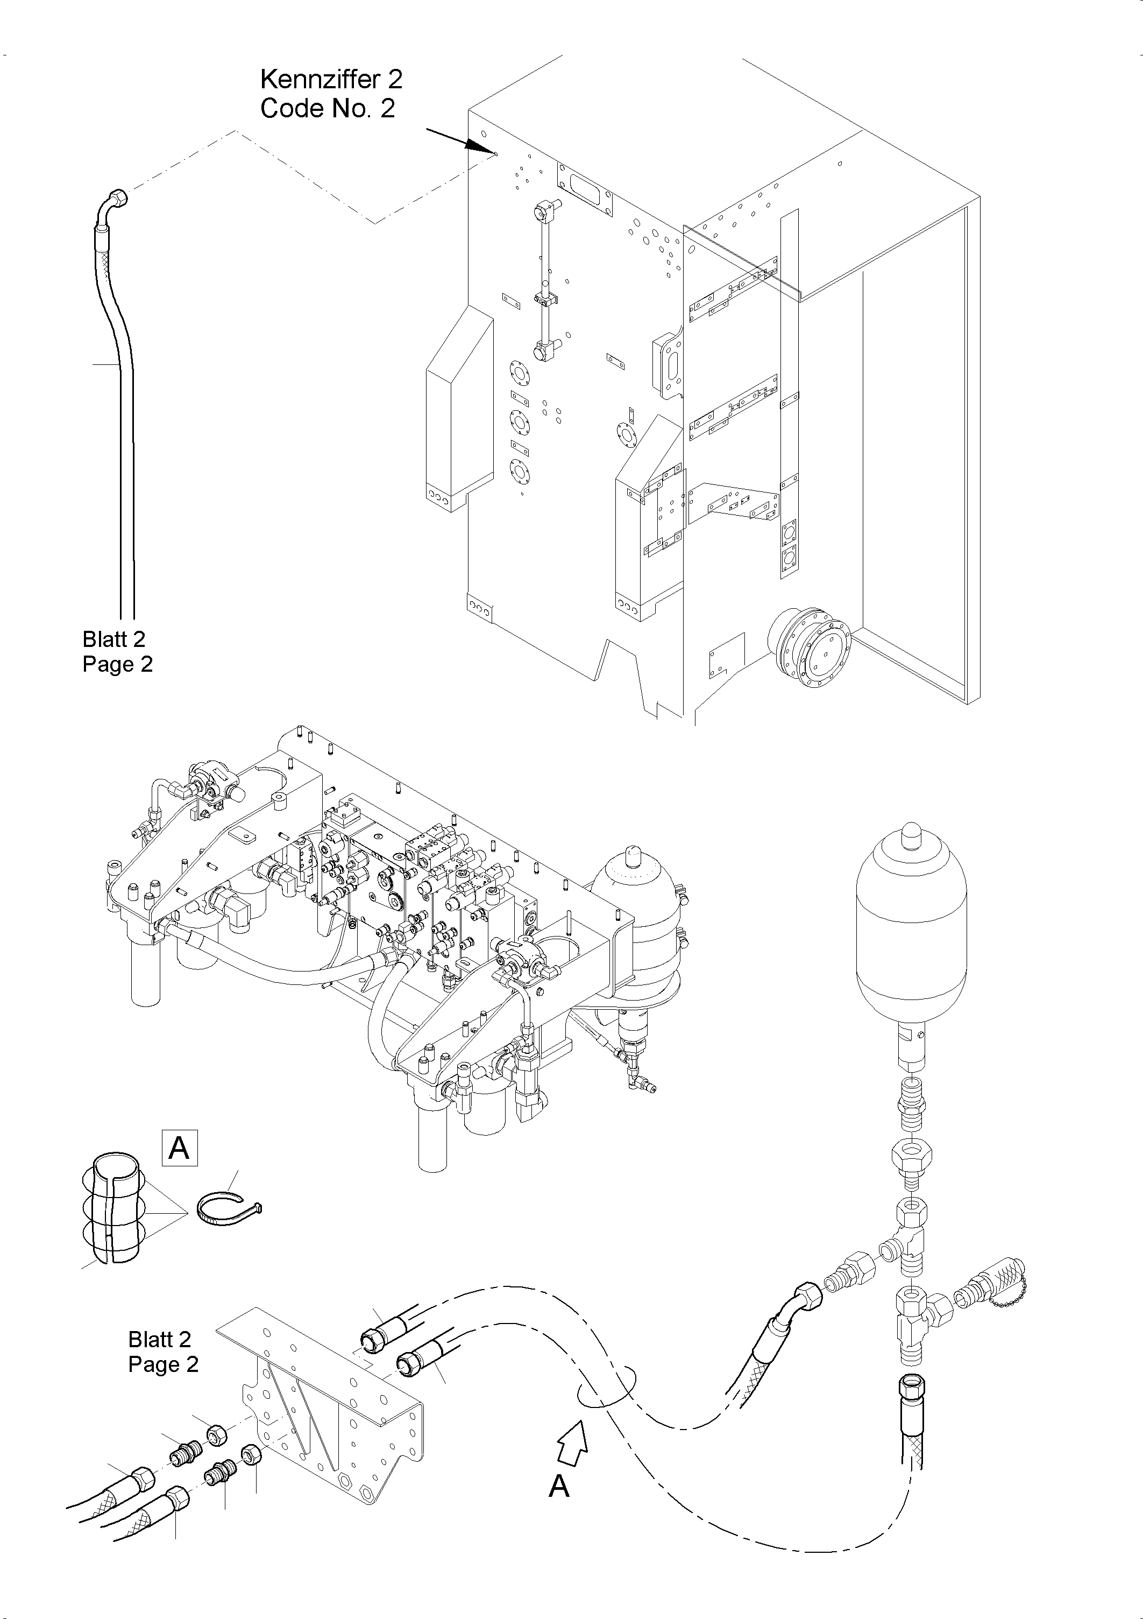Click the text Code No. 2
coord(327,109)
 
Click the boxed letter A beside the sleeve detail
coord(180,1148)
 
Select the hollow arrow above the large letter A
coord(573,1444)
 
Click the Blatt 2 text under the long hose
coord(113,639)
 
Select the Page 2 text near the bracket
coord(163,1364)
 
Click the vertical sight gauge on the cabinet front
coord(543,282)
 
